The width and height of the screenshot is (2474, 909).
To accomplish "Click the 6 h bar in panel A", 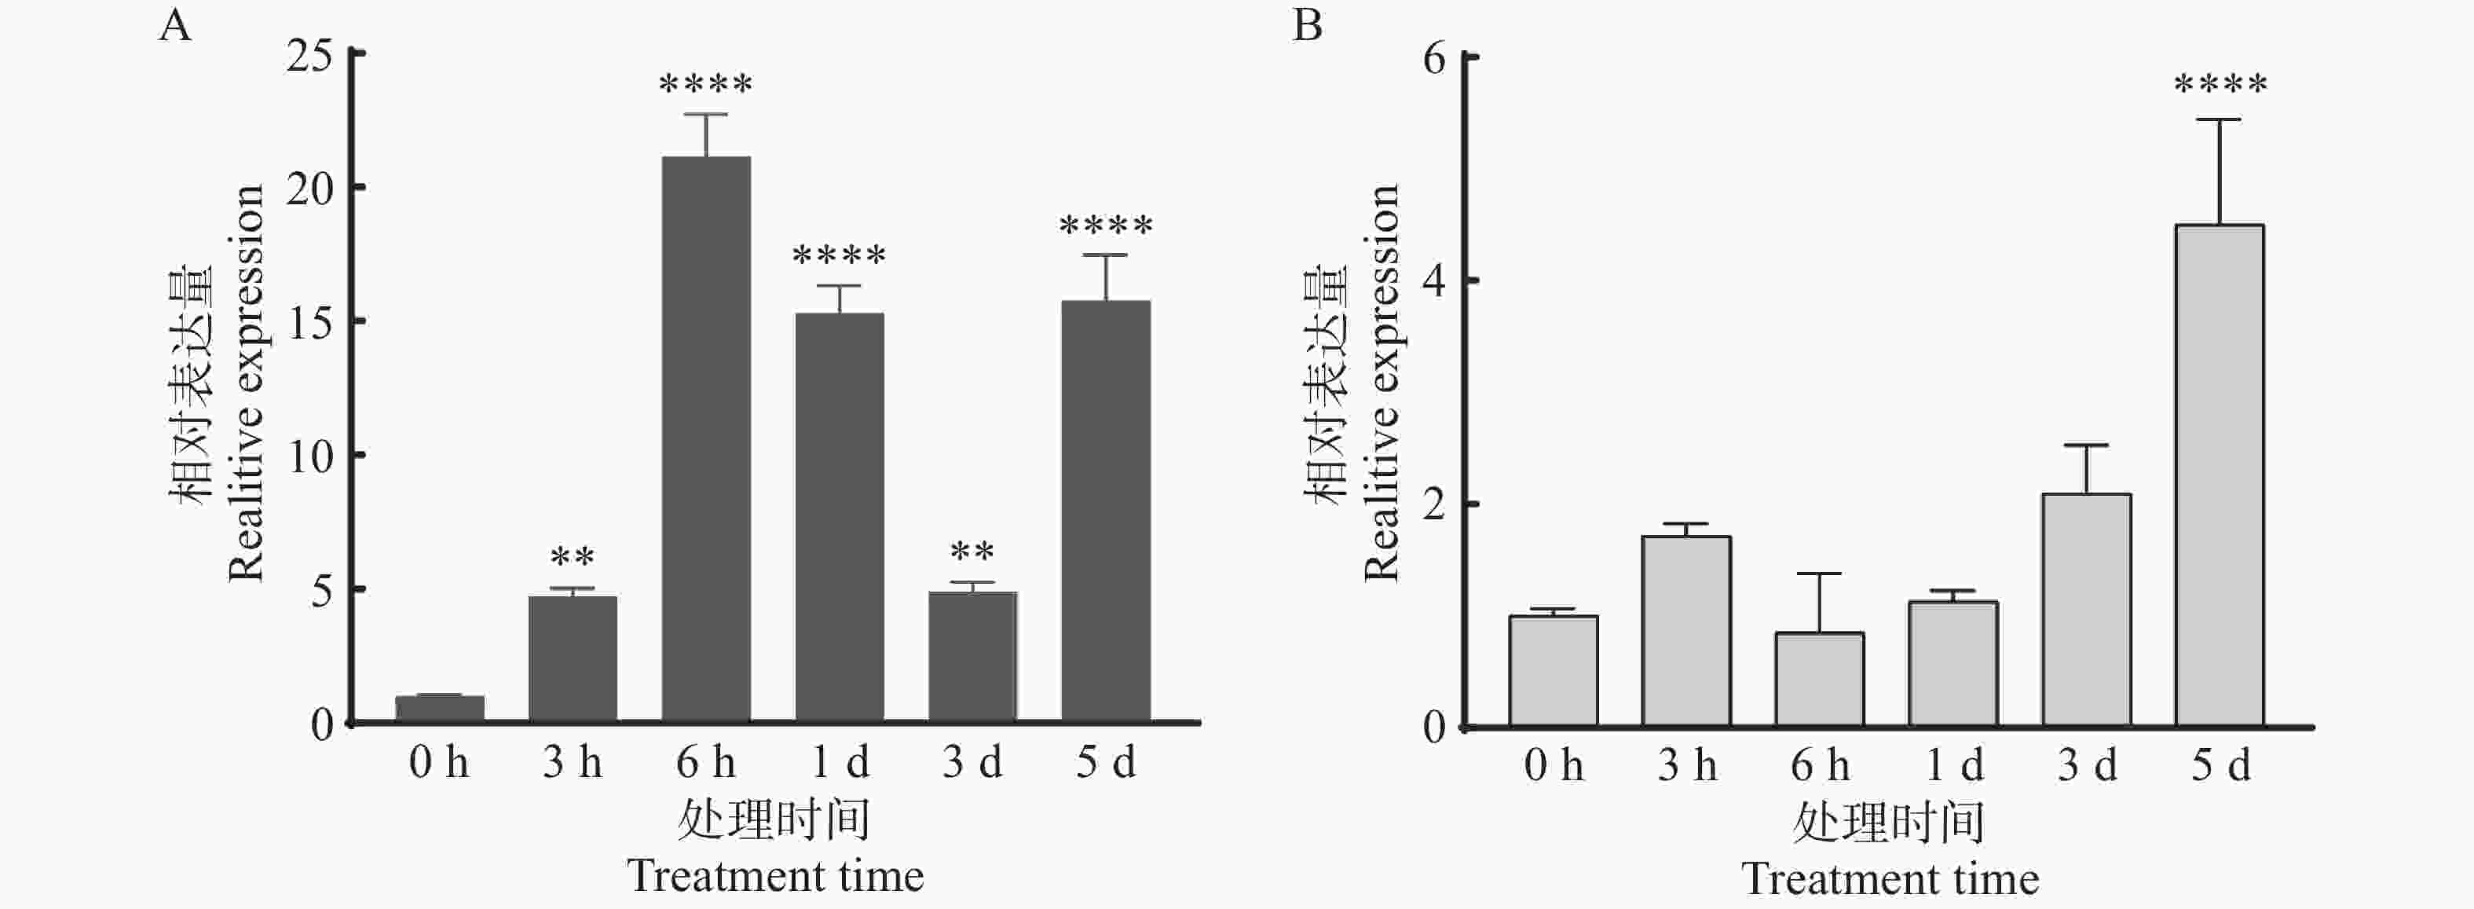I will point(706,438).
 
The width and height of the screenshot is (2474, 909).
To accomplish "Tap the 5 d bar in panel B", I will point(2220,475).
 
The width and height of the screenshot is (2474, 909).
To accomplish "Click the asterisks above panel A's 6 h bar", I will point(706,86).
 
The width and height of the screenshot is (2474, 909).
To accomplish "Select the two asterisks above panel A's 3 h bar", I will point(573,557).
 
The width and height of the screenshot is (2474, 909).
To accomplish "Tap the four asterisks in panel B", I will point(2220,86).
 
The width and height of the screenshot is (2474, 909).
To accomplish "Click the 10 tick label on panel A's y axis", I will point(309,456).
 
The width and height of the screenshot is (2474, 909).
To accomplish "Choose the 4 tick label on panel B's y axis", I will point(1434,281).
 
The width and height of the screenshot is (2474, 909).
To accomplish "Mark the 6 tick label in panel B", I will point(1434,59).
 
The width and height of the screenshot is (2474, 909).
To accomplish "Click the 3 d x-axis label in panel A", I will point(972,763).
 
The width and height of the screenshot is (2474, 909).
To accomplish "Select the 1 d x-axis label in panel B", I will point(1953,766).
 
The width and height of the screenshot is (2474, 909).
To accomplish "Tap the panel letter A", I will point(175,26).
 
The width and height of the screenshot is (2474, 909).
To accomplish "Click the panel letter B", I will point(1307,26).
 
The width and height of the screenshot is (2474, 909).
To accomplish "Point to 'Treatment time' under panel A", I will point(775,876).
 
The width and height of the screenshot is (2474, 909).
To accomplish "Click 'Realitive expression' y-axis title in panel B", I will point(1381,383).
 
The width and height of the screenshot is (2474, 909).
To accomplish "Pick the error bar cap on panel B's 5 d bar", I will point(2220,120).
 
